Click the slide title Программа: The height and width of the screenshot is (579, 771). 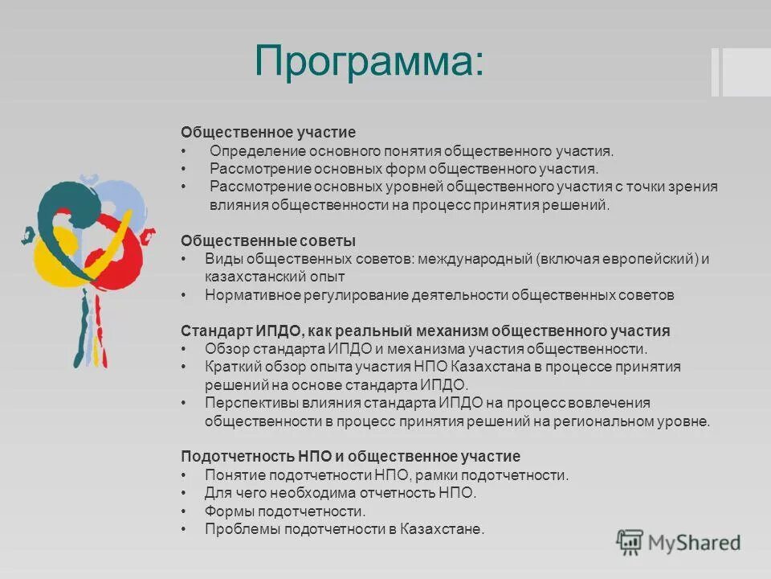pos(369,61)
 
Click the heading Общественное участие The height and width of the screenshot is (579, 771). pos(267,132)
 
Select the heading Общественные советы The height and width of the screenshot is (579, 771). pos(268,240)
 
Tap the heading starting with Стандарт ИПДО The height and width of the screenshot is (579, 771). pos(425,331)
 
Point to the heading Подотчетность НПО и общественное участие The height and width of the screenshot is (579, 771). pos(350,456)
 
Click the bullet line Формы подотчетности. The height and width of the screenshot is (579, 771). pos(285,511)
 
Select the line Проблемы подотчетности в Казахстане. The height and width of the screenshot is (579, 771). pos(345,529)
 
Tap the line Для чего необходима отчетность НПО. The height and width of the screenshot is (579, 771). pos(341,493)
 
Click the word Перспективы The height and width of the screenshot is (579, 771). pos(249,403)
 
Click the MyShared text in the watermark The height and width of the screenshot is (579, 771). pos(694,543)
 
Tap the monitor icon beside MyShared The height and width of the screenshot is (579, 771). pos(630,542)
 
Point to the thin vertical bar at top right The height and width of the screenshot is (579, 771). pos(715,72)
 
